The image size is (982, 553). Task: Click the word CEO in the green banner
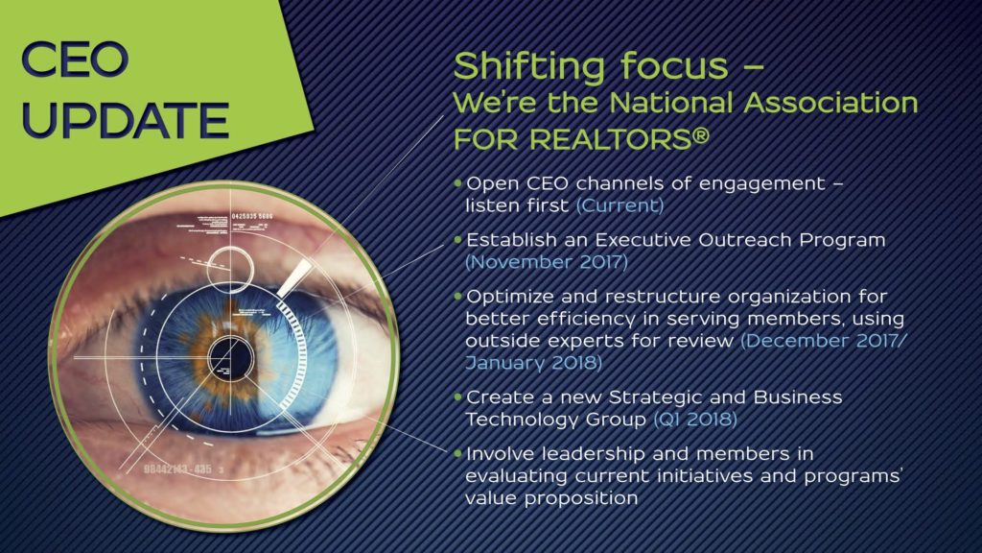(x=75, y=60)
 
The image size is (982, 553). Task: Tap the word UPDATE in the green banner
(x=126, y=119)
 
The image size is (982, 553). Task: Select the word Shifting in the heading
(x=529, y=66)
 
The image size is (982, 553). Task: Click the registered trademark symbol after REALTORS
(x=701, y=136)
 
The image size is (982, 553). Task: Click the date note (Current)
(x=620, y=205)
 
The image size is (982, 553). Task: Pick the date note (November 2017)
(x=547, y=261)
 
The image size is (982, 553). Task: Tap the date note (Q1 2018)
(x=695, y=419)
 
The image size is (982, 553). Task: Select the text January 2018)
(x=533, y=362)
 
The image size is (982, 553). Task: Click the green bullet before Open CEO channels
(x=457, y=183)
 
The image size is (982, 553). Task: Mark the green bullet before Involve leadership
(x=457, y=453)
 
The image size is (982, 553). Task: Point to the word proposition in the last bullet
(x=582, y=499)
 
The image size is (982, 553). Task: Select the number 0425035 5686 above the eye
(x=252, y=217)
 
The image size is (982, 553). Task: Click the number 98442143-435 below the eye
(x=177, y=469)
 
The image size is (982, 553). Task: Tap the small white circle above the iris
(x=230, y=270)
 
